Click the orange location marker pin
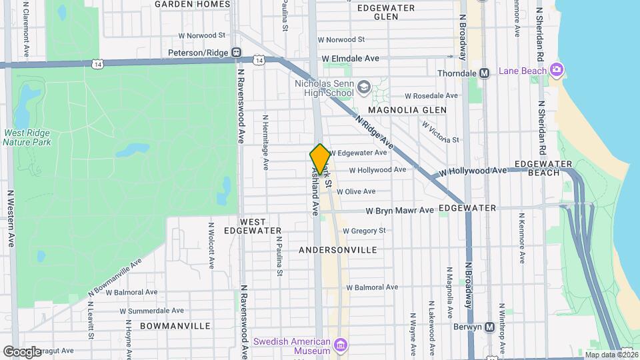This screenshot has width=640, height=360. (320, 159)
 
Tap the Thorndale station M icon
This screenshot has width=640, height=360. (485, 73)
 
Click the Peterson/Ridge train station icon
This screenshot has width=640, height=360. (236, 52)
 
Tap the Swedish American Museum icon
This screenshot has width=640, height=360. (341, 345)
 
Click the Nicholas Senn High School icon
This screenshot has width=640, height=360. (364, 87)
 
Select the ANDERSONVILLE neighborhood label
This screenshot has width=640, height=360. (337, 250)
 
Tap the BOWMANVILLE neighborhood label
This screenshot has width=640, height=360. (175, 326)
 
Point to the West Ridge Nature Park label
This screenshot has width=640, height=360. (27, 137)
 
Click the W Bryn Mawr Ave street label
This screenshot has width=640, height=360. (400, 211)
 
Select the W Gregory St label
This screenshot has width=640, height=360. (363, 231)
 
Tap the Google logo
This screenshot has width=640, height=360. (22, 351)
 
